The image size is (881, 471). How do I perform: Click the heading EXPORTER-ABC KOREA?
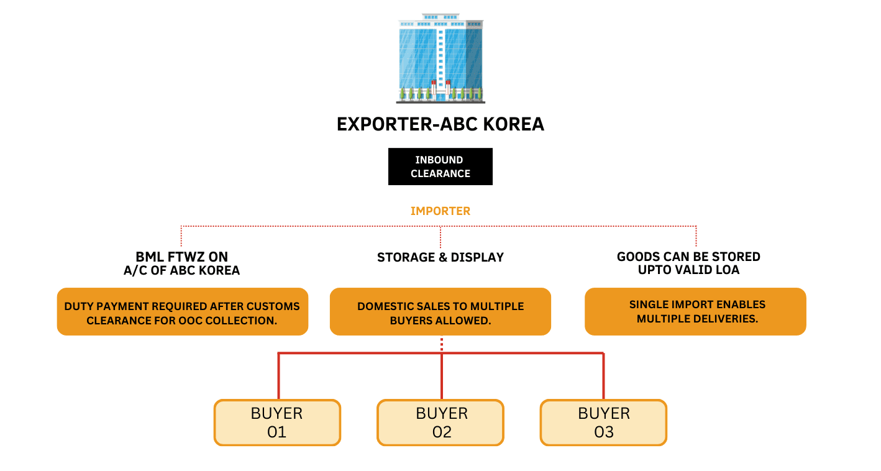[x=440, y=124]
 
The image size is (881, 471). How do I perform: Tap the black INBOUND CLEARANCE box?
[x=440, y=167]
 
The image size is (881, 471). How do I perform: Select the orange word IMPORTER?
[x=440, y=211]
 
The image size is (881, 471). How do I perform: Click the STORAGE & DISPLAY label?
[x=440, y=257]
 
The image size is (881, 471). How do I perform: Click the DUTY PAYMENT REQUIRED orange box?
[x=182, y=313]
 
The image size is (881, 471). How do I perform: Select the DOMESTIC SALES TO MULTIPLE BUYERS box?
[x=440, y=313]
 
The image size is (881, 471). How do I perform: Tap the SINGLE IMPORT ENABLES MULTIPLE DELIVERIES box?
[x=695, y=313]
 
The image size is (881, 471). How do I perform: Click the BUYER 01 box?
[x=277, y=423]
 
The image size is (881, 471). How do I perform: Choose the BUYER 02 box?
[x=440, y=423]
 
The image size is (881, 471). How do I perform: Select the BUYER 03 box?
[x=603, y=423]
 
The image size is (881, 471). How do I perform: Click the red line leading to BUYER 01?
[x=278, y=376]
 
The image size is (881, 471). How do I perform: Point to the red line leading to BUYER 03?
[x=603, y=376]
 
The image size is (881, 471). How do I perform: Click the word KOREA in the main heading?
[x=514, y=124]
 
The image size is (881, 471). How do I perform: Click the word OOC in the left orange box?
[x=195, y=321]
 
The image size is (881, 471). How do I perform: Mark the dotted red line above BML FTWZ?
[x=181, y=236]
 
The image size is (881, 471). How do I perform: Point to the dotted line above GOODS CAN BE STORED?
[x=696, y=236]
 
